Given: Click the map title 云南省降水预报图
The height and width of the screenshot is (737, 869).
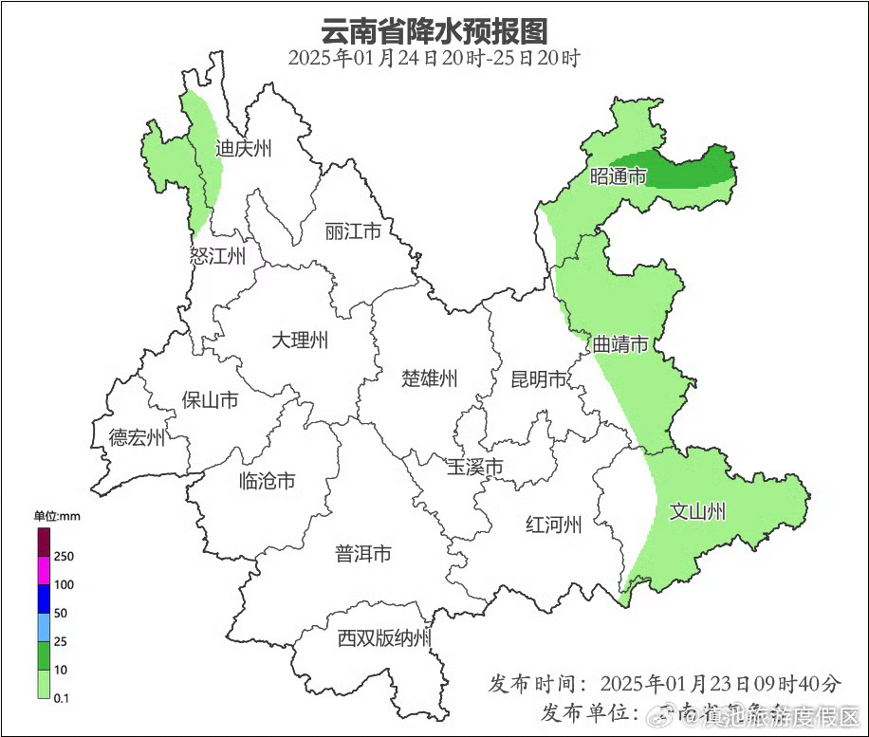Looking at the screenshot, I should tap(434, 30).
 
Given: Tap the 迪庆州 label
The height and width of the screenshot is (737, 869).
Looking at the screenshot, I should tap(244, 148).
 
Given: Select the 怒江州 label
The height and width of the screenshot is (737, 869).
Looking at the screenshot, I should tap(217, 256).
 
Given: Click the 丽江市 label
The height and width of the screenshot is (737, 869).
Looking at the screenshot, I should tap(352, 231).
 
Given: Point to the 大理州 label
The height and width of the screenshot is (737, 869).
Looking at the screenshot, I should tap(300, 340).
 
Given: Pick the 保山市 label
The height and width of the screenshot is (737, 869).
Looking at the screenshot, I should tap(210, 400).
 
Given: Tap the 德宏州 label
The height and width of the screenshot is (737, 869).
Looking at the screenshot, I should tap(137, 437).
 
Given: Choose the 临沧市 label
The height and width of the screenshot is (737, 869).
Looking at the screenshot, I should tap(267, 481).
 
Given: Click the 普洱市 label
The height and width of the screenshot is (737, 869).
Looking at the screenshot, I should tap(362, 554).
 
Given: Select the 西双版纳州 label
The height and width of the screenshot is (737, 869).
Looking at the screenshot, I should tap(384, 638).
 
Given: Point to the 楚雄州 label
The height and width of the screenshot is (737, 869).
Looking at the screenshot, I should tap(429, 379).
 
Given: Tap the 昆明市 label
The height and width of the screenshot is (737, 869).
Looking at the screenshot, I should tap(538, 380).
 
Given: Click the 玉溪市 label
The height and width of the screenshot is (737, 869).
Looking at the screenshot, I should tap(475, 468).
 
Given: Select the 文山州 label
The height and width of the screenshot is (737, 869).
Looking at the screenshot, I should tap(697, 512).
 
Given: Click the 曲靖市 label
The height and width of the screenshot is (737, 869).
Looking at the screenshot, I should tap(619, 344).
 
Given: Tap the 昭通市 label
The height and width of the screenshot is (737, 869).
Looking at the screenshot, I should tap(618, 176).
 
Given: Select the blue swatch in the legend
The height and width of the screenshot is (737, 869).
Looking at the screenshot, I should tap(44, 599).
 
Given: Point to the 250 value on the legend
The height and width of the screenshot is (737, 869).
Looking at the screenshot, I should tap(65, 556).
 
